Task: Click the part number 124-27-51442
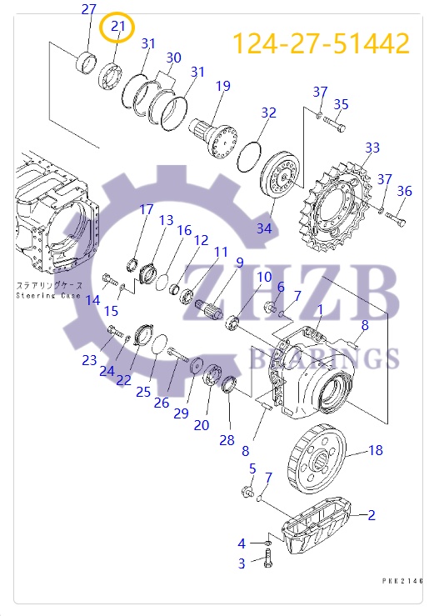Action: pos(321,43)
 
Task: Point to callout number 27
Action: pos(88,10)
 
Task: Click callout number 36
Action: pos(404,191)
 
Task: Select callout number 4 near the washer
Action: pos(242,543)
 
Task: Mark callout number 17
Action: pos(146,209)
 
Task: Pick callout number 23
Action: pos(89,360)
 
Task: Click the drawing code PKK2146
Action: pos(404,580)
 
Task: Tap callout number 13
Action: pos(166,220)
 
